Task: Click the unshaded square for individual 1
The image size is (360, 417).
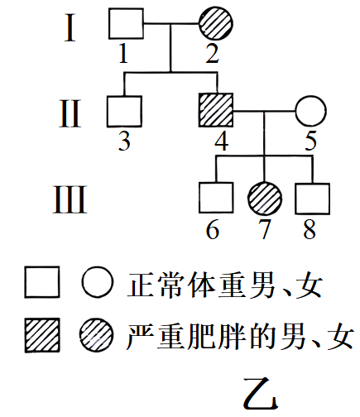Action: tap(126, 23)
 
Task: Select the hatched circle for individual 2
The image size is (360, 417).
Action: tap(216, 23)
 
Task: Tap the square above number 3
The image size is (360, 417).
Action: tap(124, 112)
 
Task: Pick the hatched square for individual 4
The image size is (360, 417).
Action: tap(216, 110)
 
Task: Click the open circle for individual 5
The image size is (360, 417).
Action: tap(311, 111)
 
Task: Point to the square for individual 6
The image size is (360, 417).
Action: tap(216, 198)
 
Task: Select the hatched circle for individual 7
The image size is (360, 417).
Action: tap(265, 198)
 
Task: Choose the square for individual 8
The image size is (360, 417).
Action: tap(312, 199)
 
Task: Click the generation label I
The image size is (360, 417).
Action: tap(70, 28)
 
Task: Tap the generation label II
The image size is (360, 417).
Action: tap(70, 113)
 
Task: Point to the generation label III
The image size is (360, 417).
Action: tap(70, 199)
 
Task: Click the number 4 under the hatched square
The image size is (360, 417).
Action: tap(222, 141)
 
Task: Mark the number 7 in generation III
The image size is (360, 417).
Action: tap(264, 229)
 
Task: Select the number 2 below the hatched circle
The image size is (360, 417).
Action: tap(213, 53)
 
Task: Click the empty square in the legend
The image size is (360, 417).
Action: tap(42, 282)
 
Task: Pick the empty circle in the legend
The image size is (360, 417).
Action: tap(98, 282)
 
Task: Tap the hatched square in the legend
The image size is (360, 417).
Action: tap(42, 335)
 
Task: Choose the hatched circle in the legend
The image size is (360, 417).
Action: tap(97, 335)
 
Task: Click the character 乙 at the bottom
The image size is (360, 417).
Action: tap(261, 394)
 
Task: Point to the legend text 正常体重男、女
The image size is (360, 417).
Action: tap(225, 285)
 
